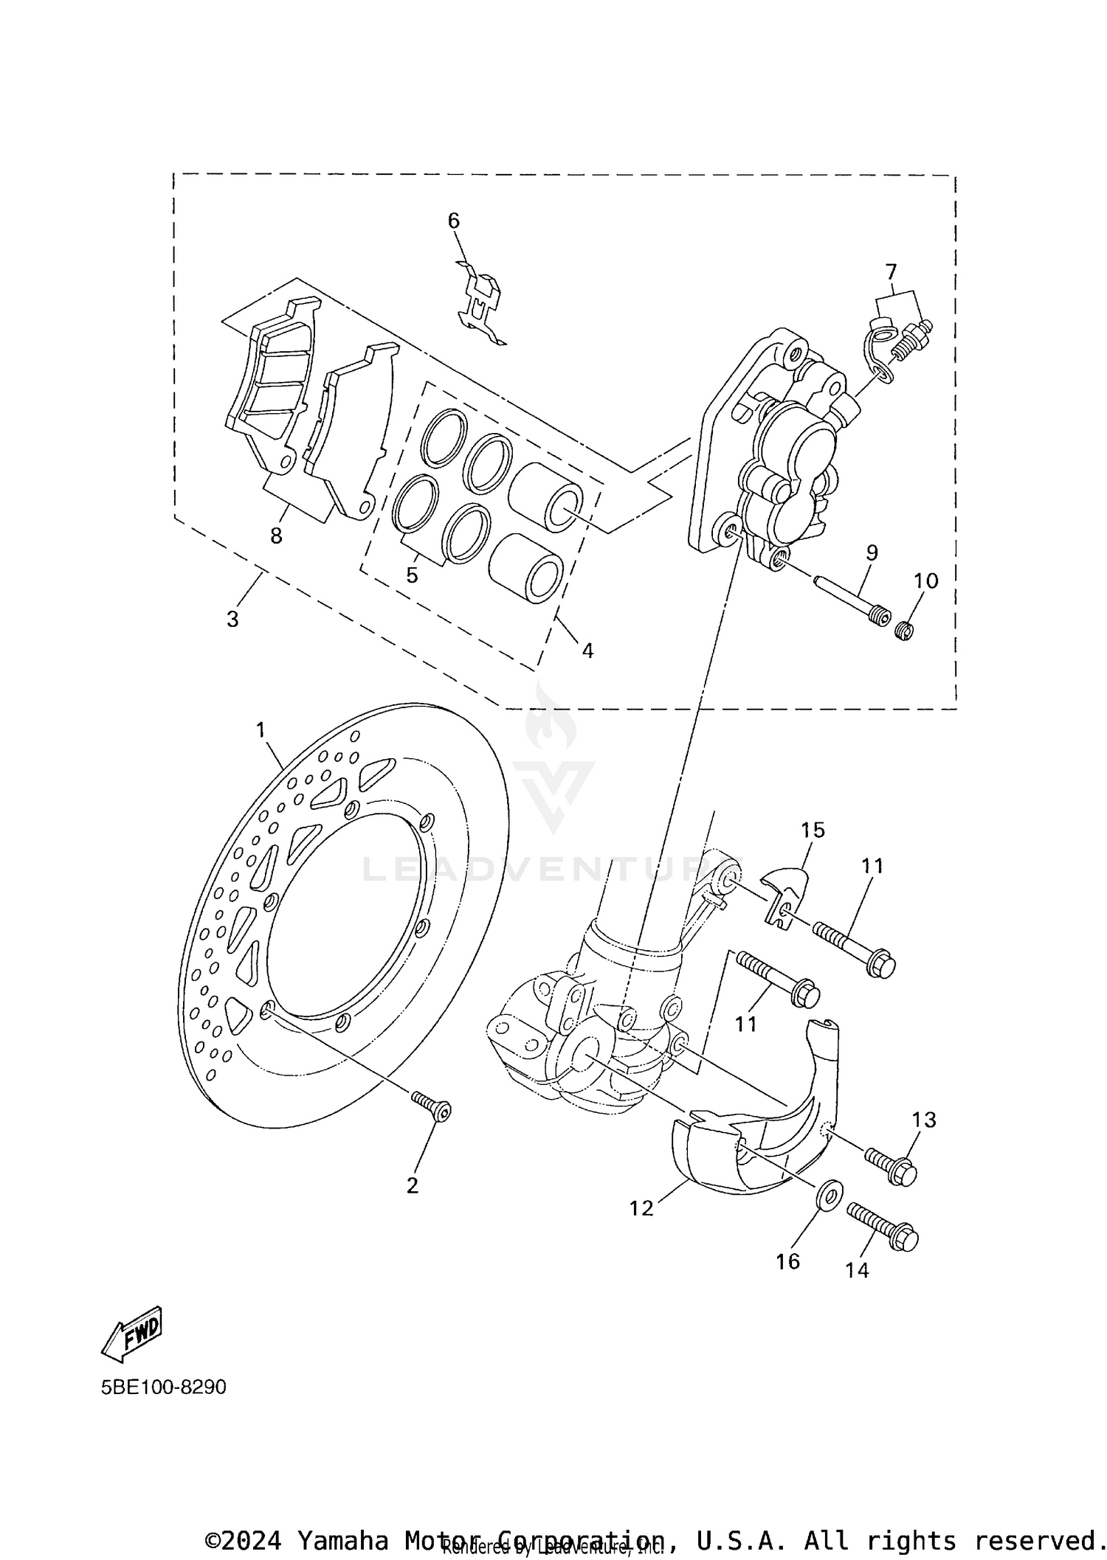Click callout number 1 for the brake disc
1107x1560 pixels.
[260, 729]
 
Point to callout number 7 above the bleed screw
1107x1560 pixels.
[891, 272]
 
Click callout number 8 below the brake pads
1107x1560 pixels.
[276, 536]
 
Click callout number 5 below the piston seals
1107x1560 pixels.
[412, 575]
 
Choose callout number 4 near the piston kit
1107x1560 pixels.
[587, 651]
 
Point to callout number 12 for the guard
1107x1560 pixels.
[641, 1208]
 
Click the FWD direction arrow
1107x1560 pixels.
[131, 1334]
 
